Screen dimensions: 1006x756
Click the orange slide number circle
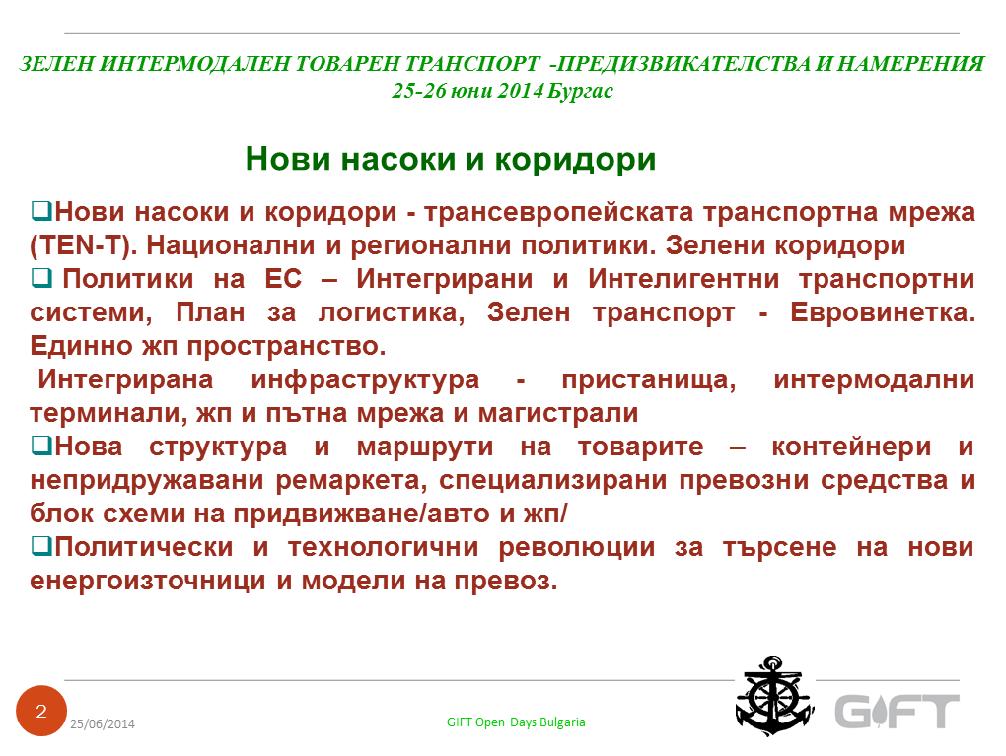(x=41, y=711)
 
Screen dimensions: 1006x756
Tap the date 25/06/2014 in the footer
(x=103, y=723)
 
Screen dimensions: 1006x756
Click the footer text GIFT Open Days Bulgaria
(x=516, y=722)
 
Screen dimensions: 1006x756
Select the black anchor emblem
(x=774, y=696)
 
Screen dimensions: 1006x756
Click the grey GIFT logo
(x=897, y=711)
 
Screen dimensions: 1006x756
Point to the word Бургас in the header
(x=581, y=91)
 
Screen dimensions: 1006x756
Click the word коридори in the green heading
(x=576, y=160)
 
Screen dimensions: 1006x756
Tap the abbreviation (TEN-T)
(x=84, y=245)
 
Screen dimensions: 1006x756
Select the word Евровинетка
(x=882, y=312)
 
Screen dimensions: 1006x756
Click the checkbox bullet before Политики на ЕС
(x=41, y=278)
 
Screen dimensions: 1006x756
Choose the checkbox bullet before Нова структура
(x=41, y=445)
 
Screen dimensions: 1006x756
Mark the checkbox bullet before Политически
(x=41, y=546)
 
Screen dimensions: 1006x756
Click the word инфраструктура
(x=365, y=379)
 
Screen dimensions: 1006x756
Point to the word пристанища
(x=649, y=379)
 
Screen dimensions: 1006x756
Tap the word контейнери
(x=851, y=447)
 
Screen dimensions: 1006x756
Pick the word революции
(x=577, y=548)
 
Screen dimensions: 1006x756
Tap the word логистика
(x=392, y=312)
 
